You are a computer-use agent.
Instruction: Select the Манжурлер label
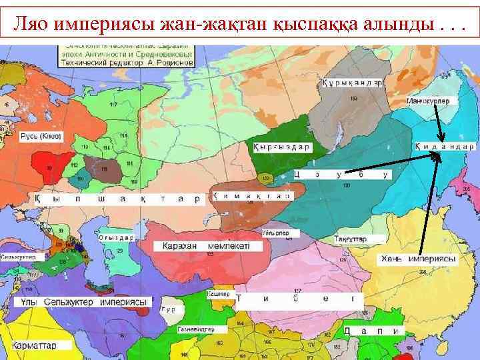428,101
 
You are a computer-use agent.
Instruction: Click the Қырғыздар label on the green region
282,146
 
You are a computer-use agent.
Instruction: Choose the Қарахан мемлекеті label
203,246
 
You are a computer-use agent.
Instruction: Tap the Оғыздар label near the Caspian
115,237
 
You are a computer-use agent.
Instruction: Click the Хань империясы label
419,258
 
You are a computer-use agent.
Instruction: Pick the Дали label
373,331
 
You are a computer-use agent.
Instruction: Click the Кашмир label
218,294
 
